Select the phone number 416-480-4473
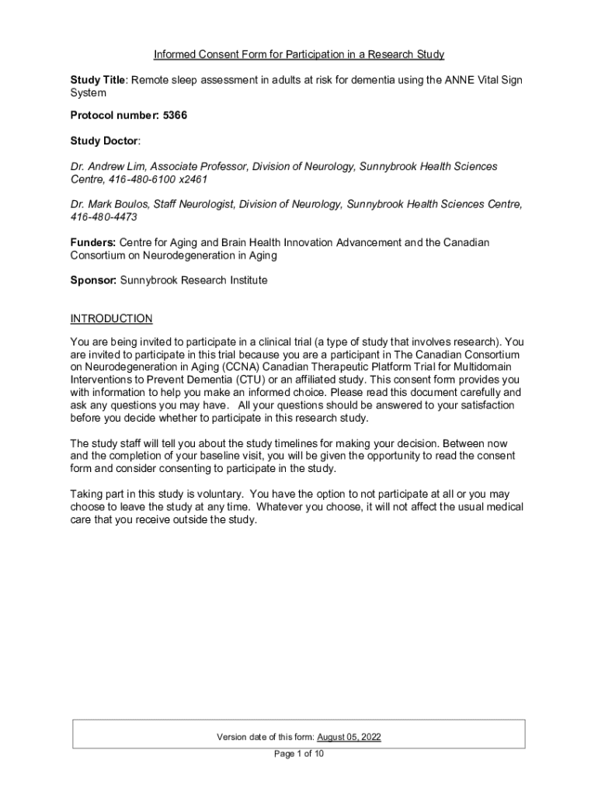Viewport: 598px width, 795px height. tap(104, 217)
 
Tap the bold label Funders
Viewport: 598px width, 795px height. tap(92, 243)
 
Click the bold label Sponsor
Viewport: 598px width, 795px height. tap(92, 280)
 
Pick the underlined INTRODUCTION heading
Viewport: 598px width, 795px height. tap(111, 318)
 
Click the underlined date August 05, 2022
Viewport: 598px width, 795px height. tap(349, 737)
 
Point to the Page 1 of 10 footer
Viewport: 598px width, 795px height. tap(299, 753)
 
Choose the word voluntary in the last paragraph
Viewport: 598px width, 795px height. tap(217, 494)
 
